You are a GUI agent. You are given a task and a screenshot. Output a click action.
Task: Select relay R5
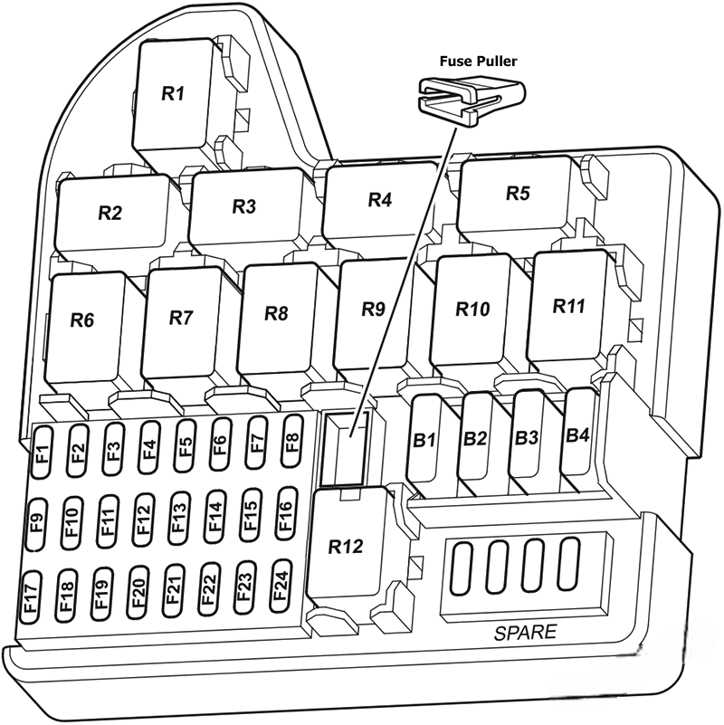[518, 195]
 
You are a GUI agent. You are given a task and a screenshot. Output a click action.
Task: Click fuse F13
[178, 519]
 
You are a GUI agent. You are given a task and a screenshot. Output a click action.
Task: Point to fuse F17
[31, 598]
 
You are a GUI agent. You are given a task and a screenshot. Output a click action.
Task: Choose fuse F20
[138, 595]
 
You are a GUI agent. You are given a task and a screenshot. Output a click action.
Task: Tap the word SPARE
[526, 633]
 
